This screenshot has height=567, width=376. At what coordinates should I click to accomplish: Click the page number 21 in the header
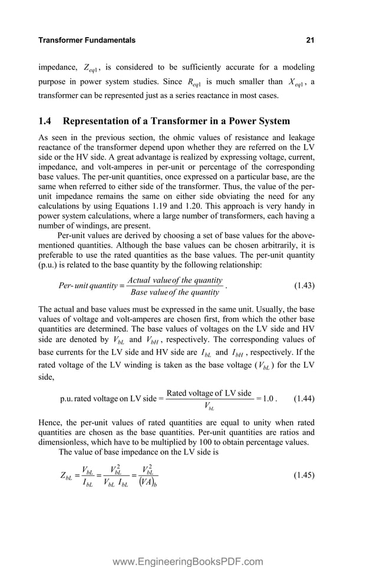point(310,41)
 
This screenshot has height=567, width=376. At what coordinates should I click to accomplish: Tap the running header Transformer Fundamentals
point(87,41)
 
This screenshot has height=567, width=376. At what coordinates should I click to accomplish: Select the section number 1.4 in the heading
point(45,121)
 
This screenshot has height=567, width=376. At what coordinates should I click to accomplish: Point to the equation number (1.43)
point(304,286)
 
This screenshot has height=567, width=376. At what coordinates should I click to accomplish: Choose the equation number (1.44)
point(304,398)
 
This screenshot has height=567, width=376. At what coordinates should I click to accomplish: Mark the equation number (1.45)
point(304,475)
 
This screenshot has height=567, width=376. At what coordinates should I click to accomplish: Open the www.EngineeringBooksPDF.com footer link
point(187,562)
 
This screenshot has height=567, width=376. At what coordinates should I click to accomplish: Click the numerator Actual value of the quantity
point(175,280)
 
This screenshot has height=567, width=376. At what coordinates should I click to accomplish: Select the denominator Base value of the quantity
point(175,292)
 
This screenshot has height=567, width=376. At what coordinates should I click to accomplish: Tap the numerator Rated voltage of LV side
point(209,393)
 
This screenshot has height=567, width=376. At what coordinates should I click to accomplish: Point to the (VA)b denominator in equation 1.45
point(150,483)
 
